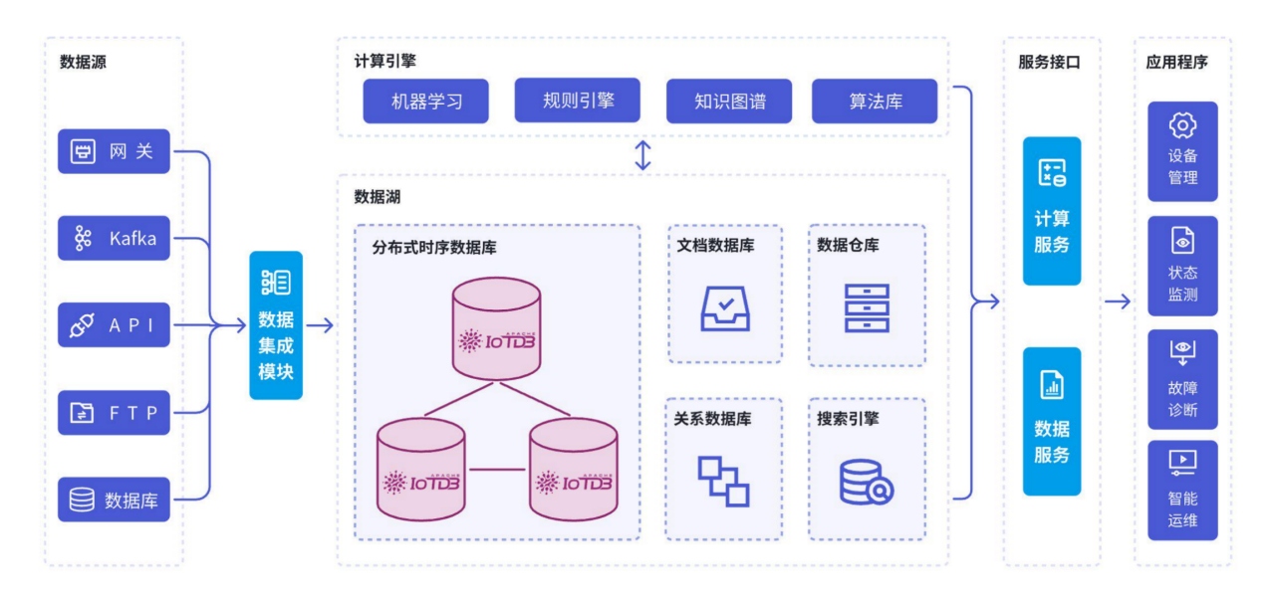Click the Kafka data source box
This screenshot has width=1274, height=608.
[x=114, y=238]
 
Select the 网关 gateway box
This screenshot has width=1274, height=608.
[x=114, y=151]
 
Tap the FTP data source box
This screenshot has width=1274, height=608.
[x=114, y=412]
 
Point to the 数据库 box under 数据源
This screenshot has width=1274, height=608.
[x=114, y=500]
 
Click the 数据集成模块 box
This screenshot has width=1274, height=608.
[x=276, y=325]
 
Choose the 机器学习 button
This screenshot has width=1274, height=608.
[x=425, y=101]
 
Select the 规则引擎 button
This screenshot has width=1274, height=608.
[x=578, y=101]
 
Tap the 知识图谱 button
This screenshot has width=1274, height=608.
[x=728, y=101]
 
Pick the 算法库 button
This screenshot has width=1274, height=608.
[x=875, y=101]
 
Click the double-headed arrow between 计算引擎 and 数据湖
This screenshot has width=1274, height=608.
[x=643, y=155]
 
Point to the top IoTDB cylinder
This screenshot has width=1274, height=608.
[x=495, y=328]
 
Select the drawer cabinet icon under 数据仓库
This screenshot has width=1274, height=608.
[x=866, y=307]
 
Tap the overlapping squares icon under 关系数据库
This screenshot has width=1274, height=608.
[x=723, y=481]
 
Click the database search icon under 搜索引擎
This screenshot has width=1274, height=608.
[x=866, y=482]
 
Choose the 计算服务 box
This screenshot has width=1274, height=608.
[x=1052, y=211]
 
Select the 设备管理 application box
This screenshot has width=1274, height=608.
[x=1182, y=151]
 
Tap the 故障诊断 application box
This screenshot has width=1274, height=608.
[x=1182, y=379]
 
